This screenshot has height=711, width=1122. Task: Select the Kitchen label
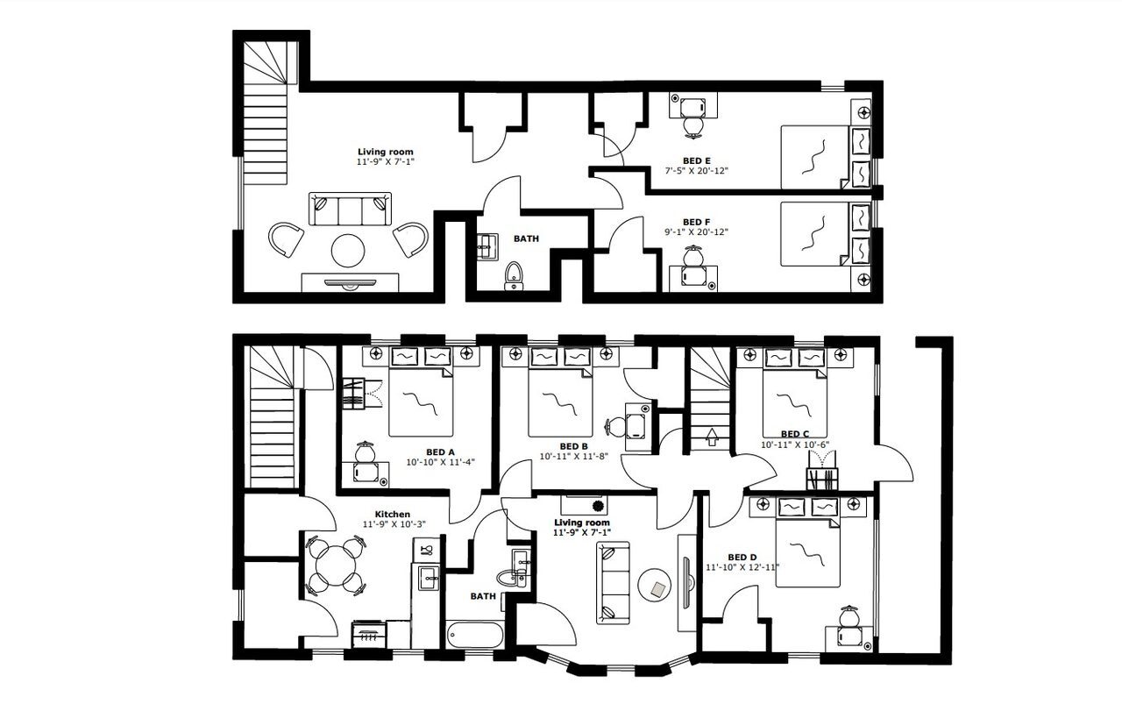(393, 514)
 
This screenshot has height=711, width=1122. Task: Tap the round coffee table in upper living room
(348, 251)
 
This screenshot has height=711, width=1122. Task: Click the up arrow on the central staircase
(711, 436)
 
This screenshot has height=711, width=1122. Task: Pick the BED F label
(697, 222)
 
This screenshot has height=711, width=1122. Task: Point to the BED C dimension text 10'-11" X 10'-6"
(794, 444)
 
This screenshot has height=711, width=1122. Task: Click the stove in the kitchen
(367, 633)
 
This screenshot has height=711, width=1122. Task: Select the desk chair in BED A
(366, 453)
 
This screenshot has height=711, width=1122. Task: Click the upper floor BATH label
(526, 238)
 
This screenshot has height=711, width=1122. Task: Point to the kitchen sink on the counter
(428, 576)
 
